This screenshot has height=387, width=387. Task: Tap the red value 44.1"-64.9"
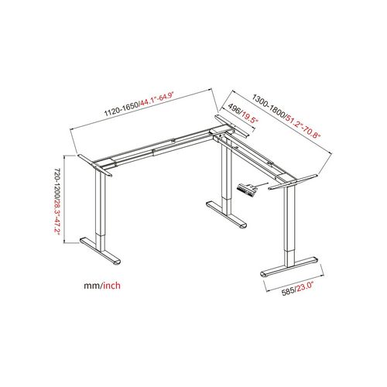pos(157,100)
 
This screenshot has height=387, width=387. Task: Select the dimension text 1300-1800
pos(269,105)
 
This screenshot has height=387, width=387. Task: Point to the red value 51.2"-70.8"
pos(303,127)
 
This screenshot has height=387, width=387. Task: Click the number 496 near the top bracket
pos(235,109)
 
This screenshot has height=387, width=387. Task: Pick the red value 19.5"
pos(249,118)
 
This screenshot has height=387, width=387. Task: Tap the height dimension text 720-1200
pos(57,184)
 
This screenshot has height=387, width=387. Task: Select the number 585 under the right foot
pos(288,292)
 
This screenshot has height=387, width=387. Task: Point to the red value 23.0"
pos(305,287)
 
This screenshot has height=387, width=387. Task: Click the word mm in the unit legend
pos(93,286)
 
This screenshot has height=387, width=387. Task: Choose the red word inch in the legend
pos(112,286)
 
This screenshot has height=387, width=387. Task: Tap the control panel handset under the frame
pos(248,190)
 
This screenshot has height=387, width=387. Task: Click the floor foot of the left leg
pos(100,251)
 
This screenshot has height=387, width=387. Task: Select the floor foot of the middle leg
pos(227,214)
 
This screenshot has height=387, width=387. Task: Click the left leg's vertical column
pos(100,211)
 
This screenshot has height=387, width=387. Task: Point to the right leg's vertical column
pos(289,227)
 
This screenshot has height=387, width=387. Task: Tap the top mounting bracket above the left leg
pos(94,166)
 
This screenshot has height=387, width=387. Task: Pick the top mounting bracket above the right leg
pos(293,182)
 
